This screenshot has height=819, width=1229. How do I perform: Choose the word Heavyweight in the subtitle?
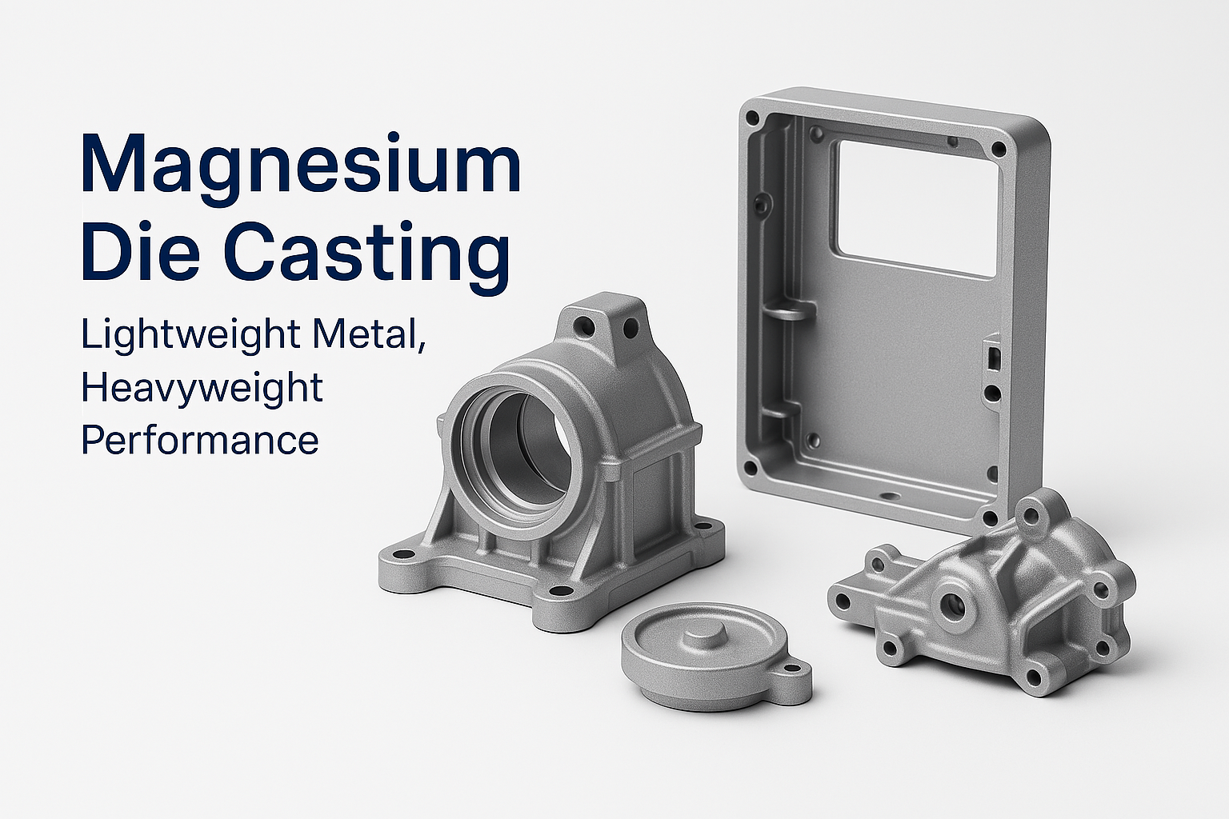(x=202, y=389)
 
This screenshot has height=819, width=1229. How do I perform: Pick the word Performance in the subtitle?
(x=200, y=439)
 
